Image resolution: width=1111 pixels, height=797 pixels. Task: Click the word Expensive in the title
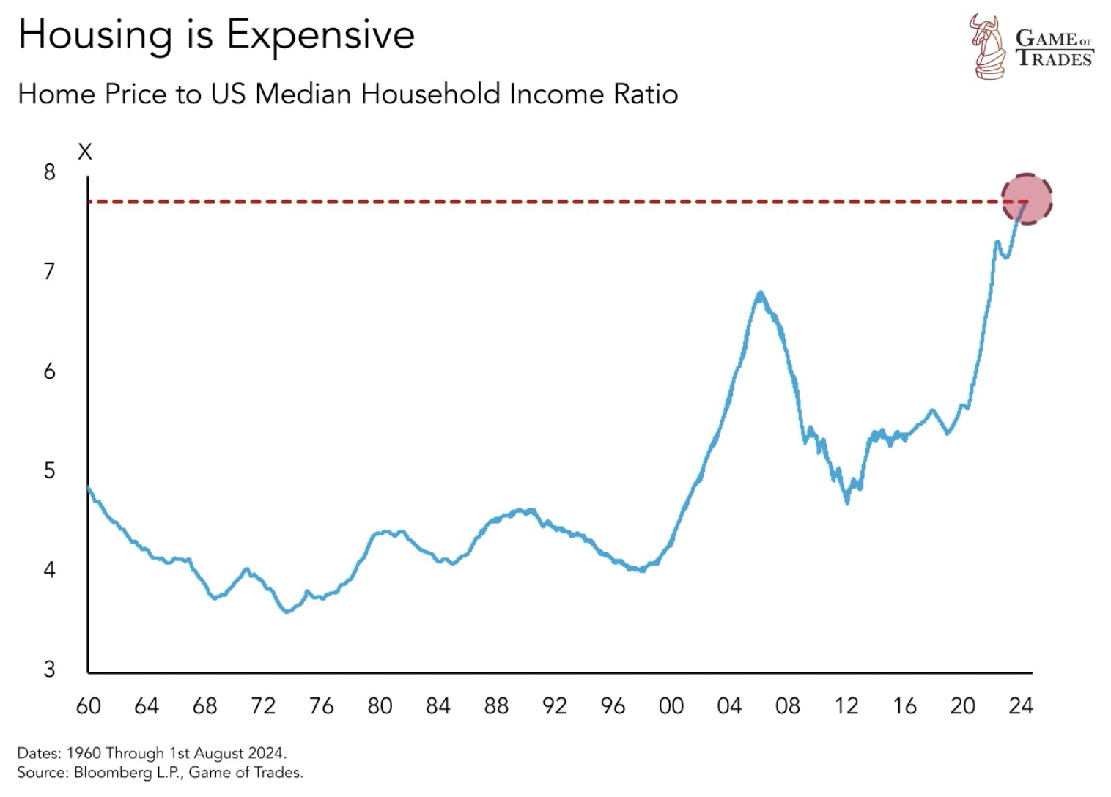pos(320,34)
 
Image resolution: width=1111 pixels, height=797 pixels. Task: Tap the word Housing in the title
pos(95,34)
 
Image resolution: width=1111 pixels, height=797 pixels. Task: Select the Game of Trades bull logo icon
pos(988,46)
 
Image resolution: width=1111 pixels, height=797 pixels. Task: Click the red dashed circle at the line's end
pos(1026,199)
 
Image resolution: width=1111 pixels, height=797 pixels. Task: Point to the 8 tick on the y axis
pos(49,172)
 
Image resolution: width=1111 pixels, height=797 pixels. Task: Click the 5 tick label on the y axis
pos(49,470)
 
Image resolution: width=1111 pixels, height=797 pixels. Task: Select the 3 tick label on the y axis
pos(49,669)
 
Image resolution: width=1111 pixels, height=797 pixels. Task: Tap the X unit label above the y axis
pos(85,152)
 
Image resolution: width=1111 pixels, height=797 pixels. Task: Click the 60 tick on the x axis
pos(88,705)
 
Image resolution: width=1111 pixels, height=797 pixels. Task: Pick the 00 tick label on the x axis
pos(671,705)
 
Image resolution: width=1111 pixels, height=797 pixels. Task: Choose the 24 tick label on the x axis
pos(1020,705)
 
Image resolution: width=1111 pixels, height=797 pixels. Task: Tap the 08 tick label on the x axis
pos(787,705)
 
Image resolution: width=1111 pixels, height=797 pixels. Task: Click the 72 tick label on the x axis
pos(262,705)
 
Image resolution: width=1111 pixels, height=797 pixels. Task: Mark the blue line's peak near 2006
pos(760,293)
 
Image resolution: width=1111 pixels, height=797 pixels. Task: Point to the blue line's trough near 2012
pos(847,502)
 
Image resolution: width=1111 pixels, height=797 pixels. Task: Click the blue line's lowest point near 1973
pos(286,611)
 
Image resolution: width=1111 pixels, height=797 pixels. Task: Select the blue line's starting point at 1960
pos(89,487)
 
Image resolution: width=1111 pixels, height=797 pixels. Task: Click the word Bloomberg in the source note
pos(107,772)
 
